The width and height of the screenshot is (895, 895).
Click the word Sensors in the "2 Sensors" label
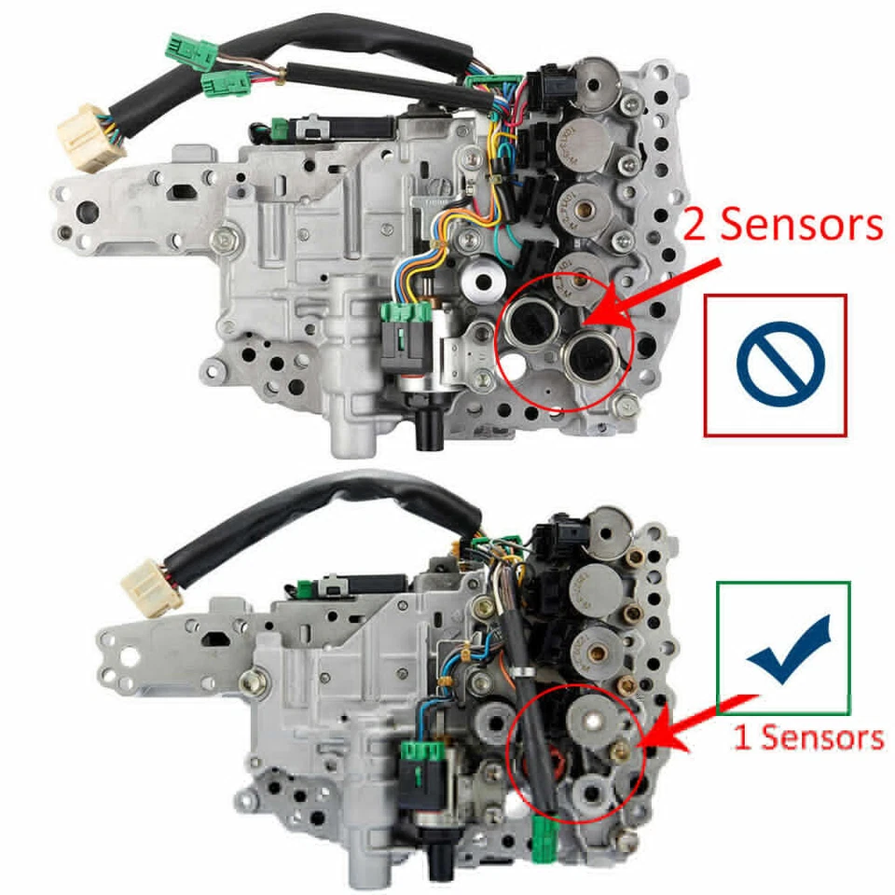point(803,226)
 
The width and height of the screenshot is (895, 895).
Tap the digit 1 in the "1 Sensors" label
point(742,737)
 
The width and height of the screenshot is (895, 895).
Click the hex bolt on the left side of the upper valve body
point(223,238)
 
